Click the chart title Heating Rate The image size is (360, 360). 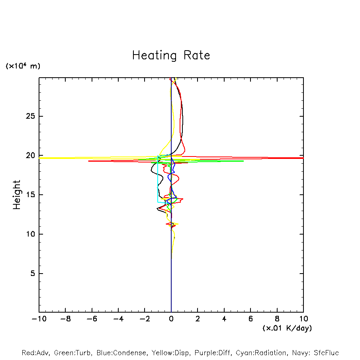(171, 55)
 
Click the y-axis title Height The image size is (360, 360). (17, 195)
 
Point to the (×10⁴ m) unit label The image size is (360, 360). (23, 66)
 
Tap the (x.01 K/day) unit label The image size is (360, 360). (287, 328)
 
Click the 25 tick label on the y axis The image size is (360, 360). (30, 116)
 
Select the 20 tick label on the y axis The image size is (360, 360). (30, 156)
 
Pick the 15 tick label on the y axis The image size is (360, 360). (30, 195)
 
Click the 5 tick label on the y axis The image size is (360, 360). (33, 274)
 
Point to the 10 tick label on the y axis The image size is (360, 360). (30, 234)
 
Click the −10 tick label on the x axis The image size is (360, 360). (39, 319)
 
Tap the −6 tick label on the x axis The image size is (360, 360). (92, 319)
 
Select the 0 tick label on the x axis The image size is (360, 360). (171, 319)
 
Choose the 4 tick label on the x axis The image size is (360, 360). (224, 319)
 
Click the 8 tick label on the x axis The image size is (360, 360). (277, 319)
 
